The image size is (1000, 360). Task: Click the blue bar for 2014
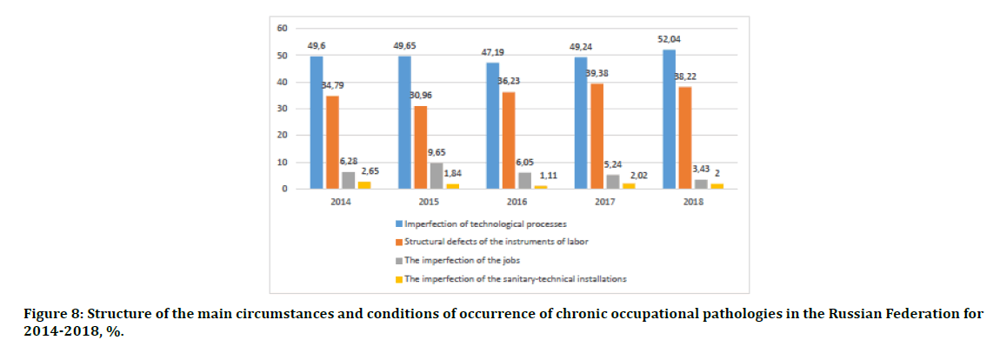pyautogui.click(x=317, y=123)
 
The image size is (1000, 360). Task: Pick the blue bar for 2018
pyautogui.click(x=669, y=119)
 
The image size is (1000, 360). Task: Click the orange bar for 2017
pyautogui.click(x=597, y=136)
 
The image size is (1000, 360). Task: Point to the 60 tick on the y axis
pyautogui.click(x=282, y=29)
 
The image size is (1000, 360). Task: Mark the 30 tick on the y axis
pyautogui.click(x=282, y=109)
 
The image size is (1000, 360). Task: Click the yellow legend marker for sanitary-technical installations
pyautogui.click(x=398, y=278)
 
